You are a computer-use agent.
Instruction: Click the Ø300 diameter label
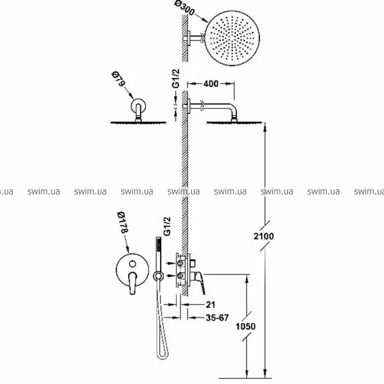[x=185, y=8]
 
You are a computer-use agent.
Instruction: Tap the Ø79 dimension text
[x=118, y=79]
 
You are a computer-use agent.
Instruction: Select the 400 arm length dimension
[x=211, y=84]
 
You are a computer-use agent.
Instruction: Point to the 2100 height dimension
[x=264, y=236]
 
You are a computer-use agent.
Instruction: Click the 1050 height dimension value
[x=245, y=326]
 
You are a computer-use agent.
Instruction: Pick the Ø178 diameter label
[x=122, y=222]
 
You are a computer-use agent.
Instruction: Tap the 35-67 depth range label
[x=217, y=317]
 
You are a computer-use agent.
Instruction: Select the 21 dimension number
[x=211, y=305]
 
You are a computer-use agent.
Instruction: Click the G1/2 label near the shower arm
[x=176, y=78]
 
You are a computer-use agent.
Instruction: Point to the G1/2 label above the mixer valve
[x=167, y=226]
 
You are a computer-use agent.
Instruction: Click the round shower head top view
[x=232, y=38]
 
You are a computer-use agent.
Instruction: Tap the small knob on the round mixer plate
[x=132, y=264]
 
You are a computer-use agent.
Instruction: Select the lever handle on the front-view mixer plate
[x=132, y=283]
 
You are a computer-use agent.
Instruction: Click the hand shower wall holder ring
[x=158, y=276]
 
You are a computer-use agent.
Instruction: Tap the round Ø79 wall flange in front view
[x=138, y=106]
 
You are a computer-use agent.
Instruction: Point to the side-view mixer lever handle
[x=200, y=282]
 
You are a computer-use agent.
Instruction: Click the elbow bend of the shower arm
[x=233, y=109]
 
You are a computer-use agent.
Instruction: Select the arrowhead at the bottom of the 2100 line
[x=265, y=373]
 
